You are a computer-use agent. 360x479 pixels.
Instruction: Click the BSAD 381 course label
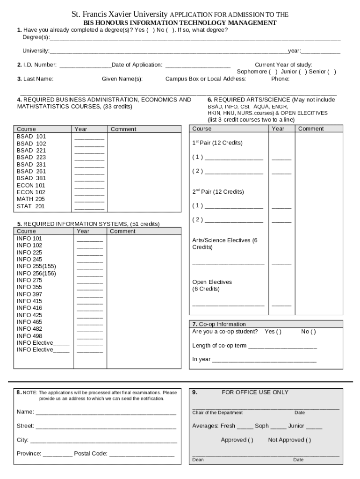31,178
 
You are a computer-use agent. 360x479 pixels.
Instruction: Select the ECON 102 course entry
31,192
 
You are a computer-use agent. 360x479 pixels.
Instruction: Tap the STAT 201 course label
30,206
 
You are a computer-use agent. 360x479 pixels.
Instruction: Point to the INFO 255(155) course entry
36,266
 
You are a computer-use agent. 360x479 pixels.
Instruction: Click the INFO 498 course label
29,336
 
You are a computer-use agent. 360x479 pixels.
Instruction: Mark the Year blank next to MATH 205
89,200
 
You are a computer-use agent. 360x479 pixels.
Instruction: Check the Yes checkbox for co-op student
279,332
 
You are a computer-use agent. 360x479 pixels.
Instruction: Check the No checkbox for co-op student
313,332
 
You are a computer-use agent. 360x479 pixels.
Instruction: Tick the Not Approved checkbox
308,440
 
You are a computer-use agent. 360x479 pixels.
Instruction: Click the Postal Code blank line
142,454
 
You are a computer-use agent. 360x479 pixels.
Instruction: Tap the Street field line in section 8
106,427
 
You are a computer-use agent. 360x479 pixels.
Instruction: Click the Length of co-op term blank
282,347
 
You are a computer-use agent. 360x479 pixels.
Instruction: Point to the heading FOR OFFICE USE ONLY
255,392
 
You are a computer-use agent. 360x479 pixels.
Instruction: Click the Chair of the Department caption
217,413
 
